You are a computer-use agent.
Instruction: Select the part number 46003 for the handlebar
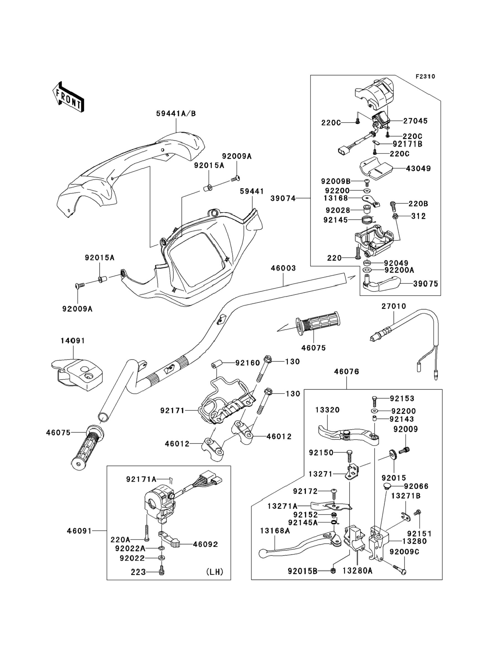click(283, 268)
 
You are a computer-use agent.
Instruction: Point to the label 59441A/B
click(176, 114)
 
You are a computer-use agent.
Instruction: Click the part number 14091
click(73, 341)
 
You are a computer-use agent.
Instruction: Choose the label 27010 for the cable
click(394, 306)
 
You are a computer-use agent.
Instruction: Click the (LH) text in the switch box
click(214, 572)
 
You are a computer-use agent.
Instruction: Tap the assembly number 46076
click(346, 371)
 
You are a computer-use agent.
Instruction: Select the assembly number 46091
click(79, 531)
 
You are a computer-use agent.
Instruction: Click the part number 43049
click(418, 169)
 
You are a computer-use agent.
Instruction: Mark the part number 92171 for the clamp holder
click(172, 411)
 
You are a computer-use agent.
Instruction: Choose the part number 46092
click(205, 544)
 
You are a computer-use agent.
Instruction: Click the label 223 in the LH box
click(138, 572)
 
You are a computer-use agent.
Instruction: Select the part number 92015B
click(302, 571)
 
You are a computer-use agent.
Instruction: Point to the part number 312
click(419, 216)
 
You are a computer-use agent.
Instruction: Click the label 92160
click(248, 363)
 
